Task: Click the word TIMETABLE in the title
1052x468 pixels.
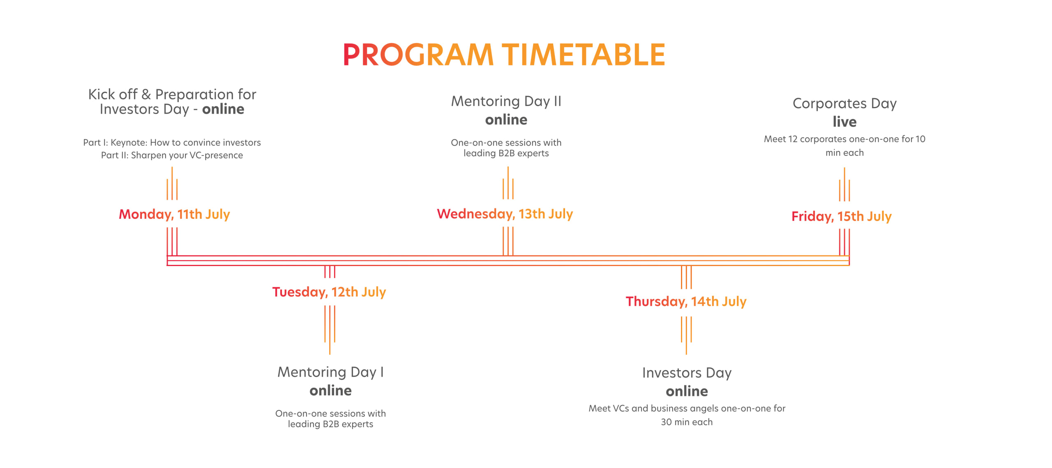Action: [x=584, y=55]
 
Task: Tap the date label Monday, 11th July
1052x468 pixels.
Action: [x=174, y=214]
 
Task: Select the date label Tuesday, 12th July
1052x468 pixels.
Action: [x=329, y=292]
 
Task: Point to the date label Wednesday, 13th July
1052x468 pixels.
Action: [x=505, y=214]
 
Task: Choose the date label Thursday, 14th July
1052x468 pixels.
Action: [x=686, y=301]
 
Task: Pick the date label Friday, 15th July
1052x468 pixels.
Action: [x=842, y=216]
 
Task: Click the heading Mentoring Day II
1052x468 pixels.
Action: [x=506, y=101]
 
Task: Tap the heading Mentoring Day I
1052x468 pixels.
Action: [x=331, y=372]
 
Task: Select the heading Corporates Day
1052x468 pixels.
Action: [x=844, y=104]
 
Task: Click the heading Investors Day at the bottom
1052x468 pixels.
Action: [x=687, y=373]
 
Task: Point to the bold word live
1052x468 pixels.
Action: [x=844, y=122]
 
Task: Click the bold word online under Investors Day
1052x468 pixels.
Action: [x=687, y=391]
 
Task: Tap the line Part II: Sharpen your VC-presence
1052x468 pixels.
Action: [x=172, y=155]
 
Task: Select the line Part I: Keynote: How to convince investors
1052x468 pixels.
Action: [x=172, y=143]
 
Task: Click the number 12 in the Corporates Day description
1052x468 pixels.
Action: [x=793, y=139]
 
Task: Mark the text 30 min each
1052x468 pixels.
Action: [x=687, y=422]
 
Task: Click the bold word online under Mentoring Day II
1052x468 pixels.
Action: [x=506, y=120]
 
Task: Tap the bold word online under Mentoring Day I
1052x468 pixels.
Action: [x=331, y=391]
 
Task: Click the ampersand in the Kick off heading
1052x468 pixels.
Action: [x=146, y=95]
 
